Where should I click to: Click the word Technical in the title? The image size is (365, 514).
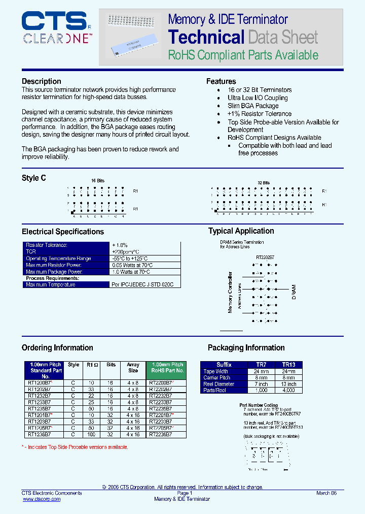click(206, 37)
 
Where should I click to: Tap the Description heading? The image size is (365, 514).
click(41, 81)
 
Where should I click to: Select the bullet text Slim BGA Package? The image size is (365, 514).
click(253, 106)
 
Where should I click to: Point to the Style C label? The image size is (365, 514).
click(34, 178)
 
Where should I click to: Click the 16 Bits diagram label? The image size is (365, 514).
click(97, 181)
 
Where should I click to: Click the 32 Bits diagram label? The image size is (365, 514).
click(263, 183)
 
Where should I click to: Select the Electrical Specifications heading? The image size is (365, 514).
click(62, 232)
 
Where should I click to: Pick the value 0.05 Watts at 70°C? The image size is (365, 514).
click(132, 265)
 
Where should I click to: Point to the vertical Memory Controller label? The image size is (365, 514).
click(230, 292)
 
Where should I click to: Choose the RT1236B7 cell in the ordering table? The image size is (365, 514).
click(39, 434)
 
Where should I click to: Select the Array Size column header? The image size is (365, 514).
click(133, 368)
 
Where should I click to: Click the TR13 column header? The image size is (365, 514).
click(288, 365)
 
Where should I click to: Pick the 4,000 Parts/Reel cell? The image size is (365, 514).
click(288, 390)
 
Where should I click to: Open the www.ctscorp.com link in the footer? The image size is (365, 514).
click(42, 499)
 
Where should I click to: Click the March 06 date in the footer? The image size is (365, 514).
click(326, 493)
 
